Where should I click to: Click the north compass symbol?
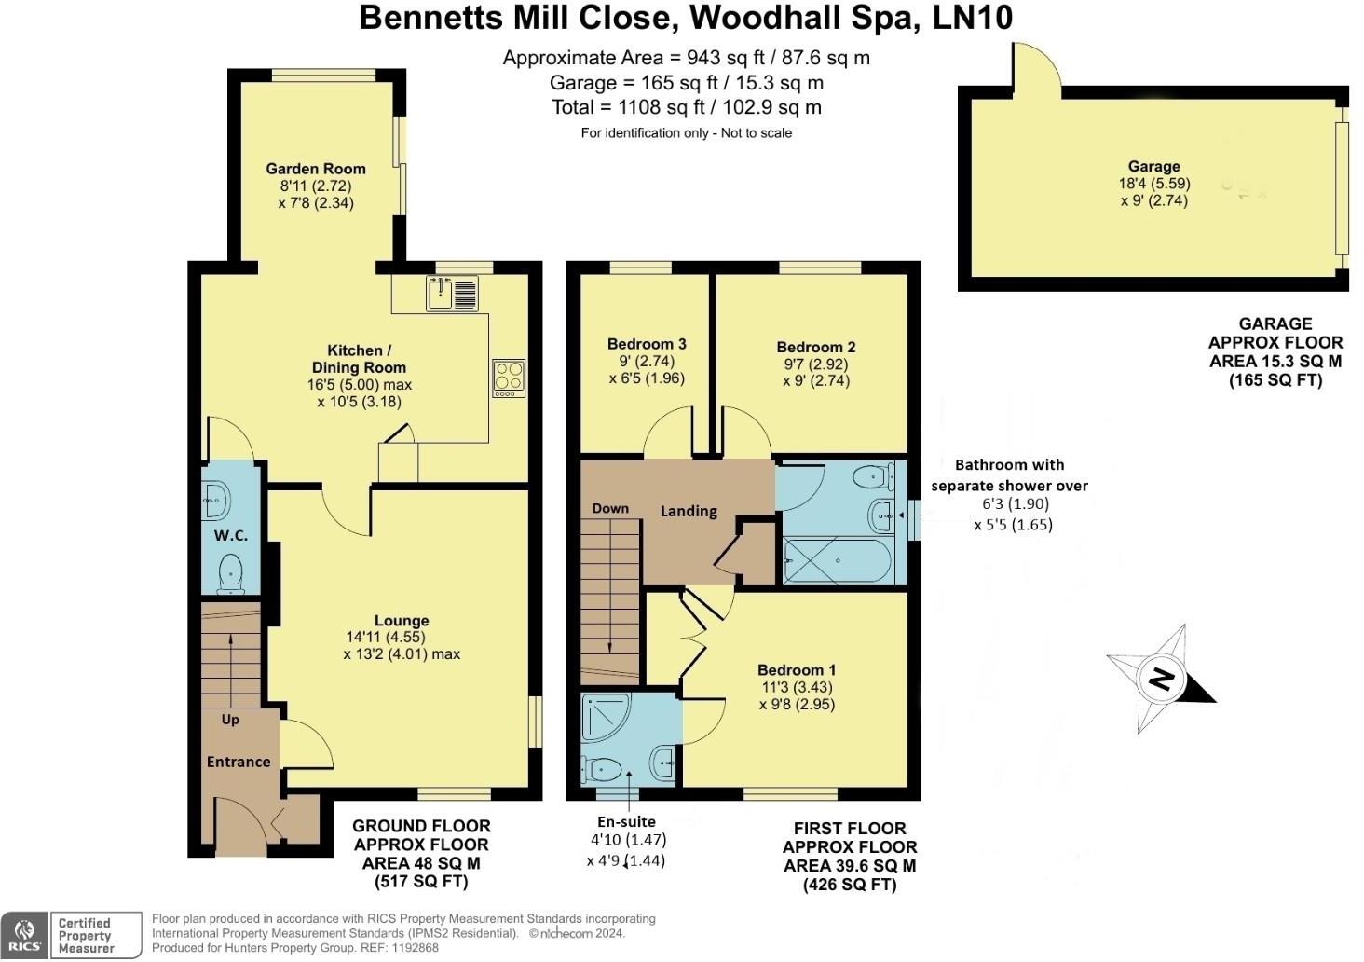[1160, 679]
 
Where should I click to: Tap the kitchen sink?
[453, 294]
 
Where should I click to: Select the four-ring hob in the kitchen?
[509, 378]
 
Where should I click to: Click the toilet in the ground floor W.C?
[230, 572]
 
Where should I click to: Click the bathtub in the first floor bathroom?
[837, 560]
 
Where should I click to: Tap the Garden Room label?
[316, 169]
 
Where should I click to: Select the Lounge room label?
[402, 621]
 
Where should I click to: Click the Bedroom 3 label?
[647, 344]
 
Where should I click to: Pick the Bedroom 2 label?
[815, 347]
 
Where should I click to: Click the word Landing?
[689, 511]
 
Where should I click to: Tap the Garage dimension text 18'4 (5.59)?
[1154, 184]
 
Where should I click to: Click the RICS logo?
[25, 935]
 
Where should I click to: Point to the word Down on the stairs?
[610, 508]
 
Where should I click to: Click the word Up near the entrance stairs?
[230, 720]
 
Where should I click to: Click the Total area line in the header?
[686, 107]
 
